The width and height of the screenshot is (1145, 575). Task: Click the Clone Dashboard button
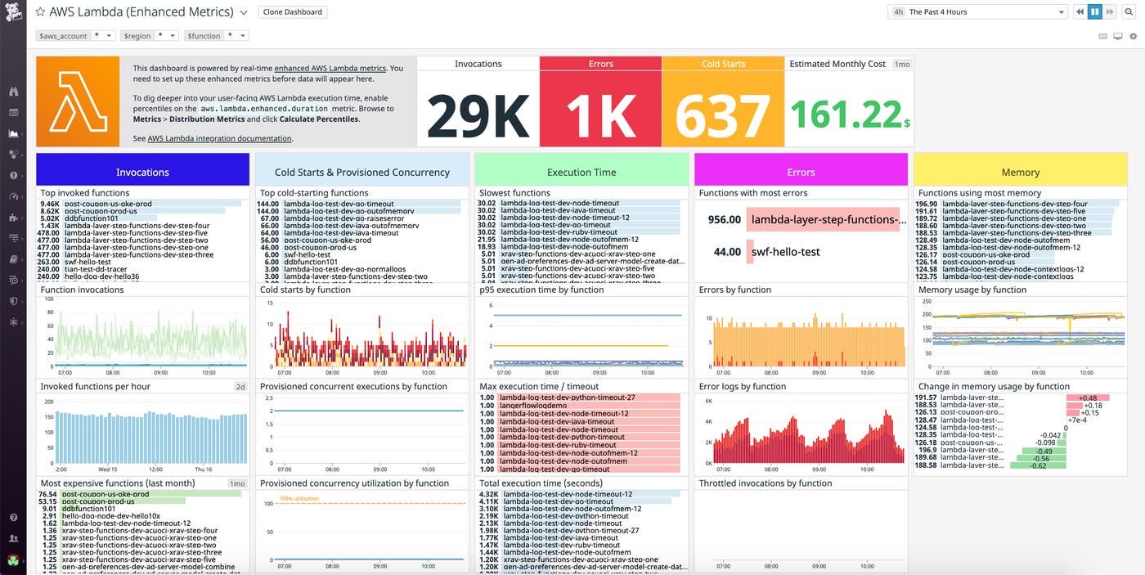coord(293,12)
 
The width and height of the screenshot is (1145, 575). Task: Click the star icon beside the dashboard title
coord(40,12)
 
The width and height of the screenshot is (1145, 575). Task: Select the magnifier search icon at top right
coord(1128,12)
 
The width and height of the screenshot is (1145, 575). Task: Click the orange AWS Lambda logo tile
coord(78,101)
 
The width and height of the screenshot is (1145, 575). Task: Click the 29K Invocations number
coord(478,115)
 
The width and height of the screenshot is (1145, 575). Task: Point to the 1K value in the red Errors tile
coord(600,115)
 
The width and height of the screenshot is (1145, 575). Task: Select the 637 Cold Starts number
coord(723,115)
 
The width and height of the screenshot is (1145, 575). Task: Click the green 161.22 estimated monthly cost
coord(845,115)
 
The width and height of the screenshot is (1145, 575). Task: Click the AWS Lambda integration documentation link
coord(219,139)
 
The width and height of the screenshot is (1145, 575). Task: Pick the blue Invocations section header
coord(142,172)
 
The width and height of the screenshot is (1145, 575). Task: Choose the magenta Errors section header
coord(801,172)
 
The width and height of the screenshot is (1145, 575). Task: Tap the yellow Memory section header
coord(1020,172)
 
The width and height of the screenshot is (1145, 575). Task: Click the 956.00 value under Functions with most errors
coord(723,219)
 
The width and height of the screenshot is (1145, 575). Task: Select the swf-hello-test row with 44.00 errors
coord(784,252)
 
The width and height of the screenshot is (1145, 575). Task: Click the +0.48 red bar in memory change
coord(1087,398)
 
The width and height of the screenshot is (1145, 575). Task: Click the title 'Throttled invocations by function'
coord(764,483)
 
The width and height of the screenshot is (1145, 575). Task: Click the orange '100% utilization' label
coord(300,498)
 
